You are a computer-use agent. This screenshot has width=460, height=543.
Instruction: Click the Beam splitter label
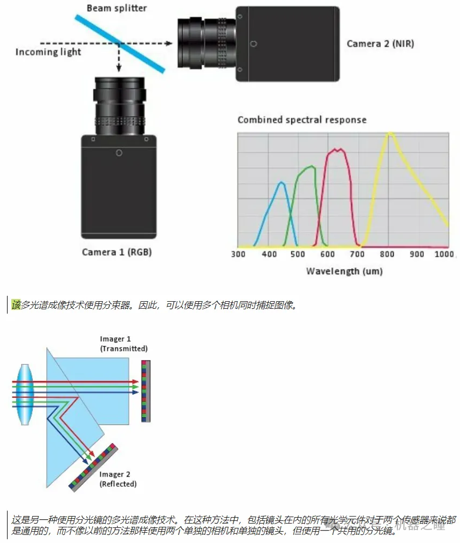point(117,8)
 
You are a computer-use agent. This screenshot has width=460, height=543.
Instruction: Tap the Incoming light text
point(48,52)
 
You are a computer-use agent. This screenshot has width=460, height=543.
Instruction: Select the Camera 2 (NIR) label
point(380,44)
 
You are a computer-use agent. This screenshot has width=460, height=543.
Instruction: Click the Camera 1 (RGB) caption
point(116,252)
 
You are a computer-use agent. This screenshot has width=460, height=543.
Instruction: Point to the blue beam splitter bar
point(120,43)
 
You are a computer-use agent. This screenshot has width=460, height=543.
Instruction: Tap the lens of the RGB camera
point(119,106)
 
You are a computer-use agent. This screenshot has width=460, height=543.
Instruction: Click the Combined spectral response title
point(302,120)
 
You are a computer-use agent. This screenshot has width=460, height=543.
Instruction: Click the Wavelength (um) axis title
point(344,271)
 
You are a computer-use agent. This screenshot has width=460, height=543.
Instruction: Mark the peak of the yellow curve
point(389,134)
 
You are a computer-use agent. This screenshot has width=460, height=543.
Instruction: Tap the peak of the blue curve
point(280,183)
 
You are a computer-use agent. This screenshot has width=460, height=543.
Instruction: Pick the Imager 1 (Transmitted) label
point(123,344)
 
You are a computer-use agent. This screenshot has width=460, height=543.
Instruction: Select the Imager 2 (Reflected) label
point(118,479)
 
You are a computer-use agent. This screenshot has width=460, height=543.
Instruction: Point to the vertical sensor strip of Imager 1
point(146,391)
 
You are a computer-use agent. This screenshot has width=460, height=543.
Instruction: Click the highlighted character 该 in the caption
point(16,306)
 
